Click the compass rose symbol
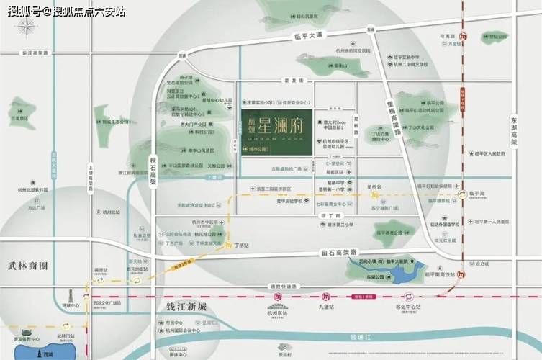[27, 28]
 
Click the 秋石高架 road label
[153, 169]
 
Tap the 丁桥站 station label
[242, 246]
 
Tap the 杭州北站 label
[111, 214]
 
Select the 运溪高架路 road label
[35, 53]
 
